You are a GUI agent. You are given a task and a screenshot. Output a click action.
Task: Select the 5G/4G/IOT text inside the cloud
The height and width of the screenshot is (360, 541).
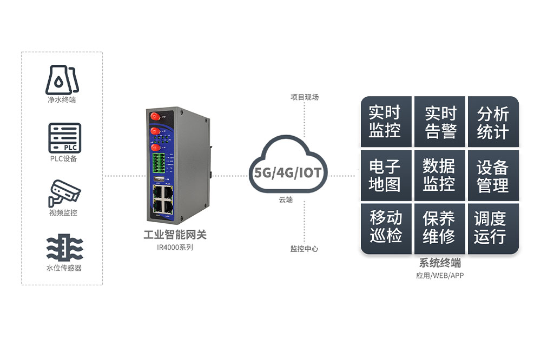click(288, 174)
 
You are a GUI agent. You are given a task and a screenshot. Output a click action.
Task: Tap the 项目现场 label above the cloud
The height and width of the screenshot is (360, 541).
click(304, 97)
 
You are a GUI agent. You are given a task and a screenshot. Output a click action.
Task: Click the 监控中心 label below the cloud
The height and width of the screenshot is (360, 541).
click(304, 249)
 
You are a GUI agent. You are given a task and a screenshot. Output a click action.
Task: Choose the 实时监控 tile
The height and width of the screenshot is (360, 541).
click(386, 122)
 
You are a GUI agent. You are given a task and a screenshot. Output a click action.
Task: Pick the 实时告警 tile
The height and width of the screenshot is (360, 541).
click(439, 122)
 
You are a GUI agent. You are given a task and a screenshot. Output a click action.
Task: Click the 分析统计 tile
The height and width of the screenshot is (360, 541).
click(493, 122)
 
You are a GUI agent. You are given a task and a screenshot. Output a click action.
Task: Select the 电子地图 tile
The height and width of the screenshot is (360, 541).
click(386, 175)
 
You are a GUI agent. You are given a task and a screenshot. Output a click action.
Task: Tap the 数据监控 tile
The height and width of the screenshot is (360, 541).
click(439, 175)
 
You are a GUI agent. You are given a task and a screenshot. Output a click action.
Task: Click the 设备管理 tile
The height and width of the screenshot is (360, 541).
click(493, 175)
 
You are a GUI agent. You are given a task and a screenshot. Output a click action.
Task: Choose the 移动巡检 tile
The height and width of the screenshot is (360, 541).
click(386, 228)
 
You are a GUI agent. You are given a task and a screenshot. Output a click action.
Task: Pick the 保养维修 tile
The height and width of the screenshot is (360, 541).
click(439, 228)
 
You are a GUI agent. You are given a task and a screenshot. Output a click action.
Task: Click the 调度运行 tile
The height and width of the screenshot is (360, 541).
click(493, 228)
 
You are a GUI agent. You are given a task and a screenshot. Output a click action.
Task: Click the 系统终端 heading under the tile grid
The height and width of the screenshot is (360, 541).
click(440, 264)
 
